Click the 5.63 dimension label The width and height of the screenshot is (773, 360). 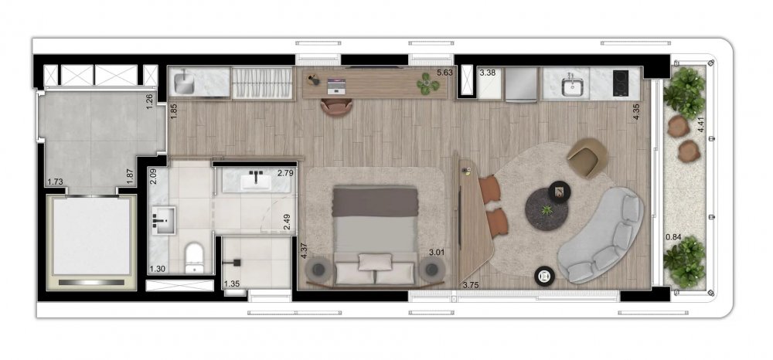click(x=444, y=73)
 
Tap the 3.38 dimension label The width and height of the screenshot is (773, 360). click(x=487, y=73)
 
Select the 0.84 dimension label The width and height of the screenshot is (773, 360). click(x=673, y=237)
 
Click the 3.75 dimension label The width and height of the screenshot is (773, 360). click(x=472, y=284)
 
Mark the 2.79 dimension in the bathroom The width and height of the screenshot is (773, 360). click(x=285, y=173)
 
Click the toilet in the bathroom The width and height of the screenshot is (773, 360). click(x=194, y=257)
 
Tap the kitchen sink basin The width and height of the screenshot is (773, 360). click(x=572, y=87)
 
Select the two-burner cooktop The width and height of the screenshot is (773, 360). click(x=621, y=84)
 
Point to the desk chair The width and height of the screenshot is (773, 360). click(x=336, y=107)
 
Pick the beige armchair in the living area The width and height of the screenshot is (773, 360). click(x=587, y=157)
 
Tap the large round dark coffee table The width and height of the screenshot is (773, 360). click(x=547, y=209)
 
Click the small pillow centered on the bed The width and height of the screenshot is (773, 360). click(x=375, y=262)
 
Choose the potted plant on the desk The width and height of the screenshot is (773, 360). click(x=427, y=83)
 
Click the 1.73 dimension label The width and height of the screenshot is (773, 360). click(x=55, y=182)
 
